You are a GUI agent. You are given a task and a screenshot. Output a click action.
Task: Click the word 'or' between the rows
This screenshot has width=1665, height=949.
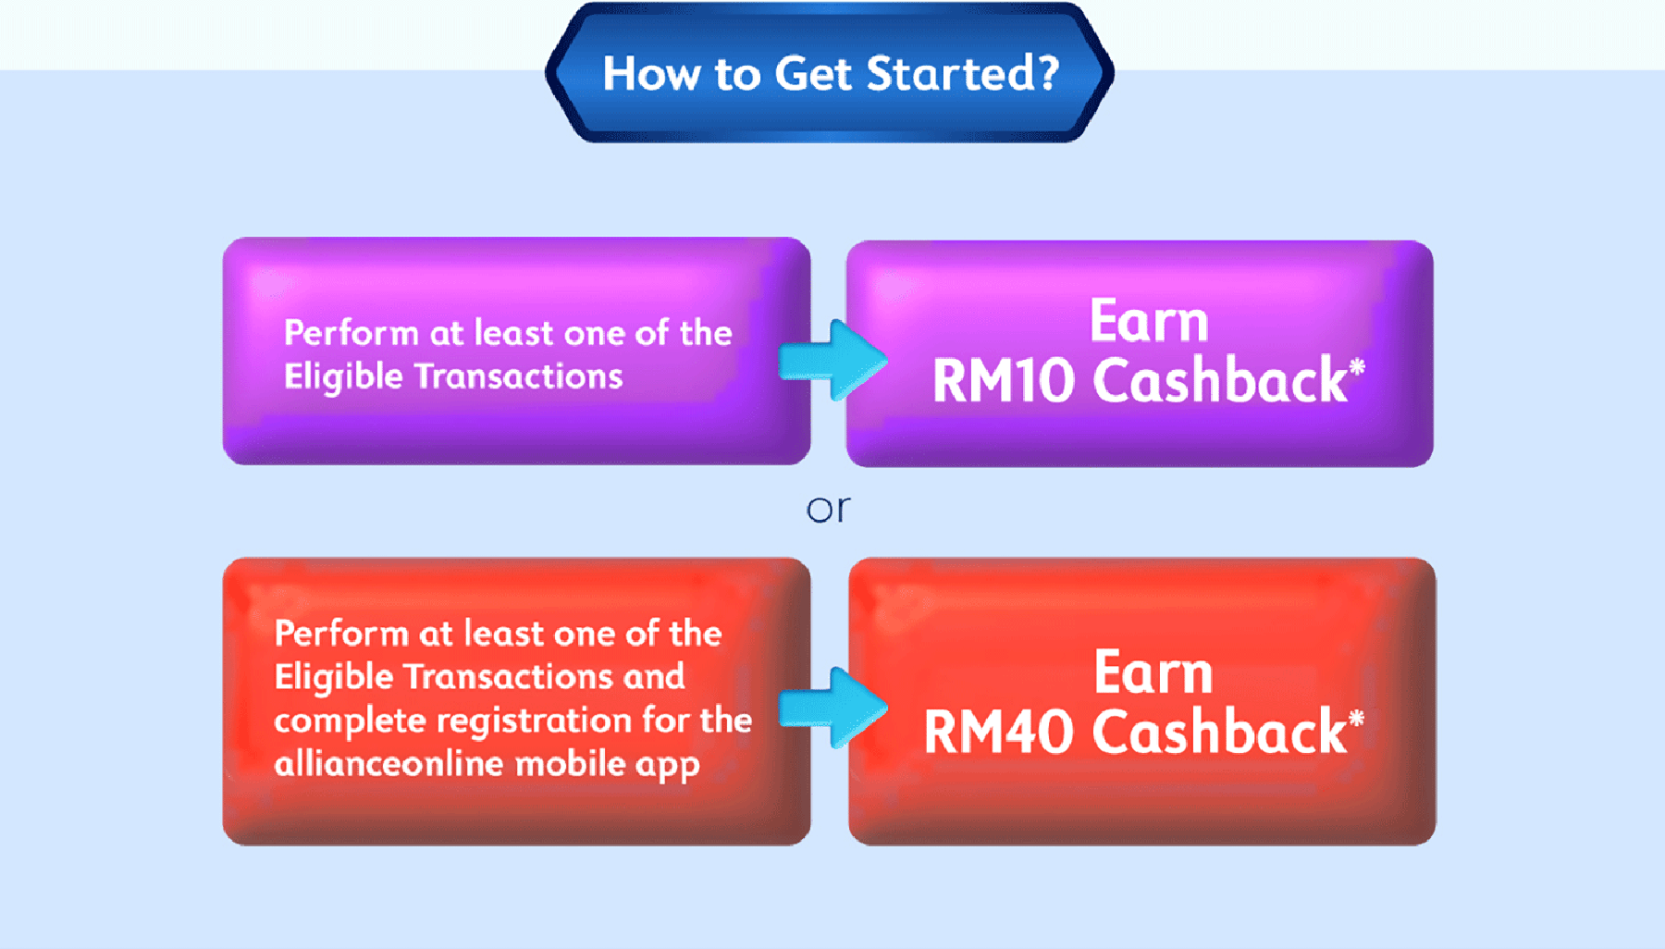[828, 509]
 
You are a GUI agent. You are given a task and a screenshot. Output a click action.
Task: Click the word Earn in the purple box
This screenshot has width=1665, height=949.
[1149, 321]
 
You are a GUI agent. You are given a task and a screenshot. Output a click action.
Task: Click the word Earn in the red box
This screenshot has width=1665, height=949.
[1153, 672]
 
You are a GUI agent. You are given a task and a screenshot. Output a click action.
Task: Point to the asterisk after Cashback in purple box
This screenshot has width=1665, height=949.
[1356, 368]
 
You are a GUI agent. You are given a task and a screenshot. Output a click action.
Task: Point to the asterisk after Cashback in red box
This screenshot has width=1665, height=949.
[1356, 719]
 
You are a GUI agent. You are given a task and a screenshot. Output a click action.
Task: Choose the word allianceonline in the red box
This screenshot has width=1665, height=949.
[388, 764]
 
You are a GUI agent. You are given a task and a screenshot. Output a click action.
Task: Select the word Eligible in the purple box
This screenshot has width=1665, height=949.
[342, 376]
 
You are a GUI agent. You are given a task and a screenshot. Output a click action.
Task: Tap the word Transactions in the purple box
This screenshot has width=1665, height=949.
[518, 376]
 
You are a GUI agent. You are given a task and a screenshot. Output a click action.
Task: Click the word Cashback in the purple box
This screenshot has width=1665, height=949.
[1219, 380]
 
